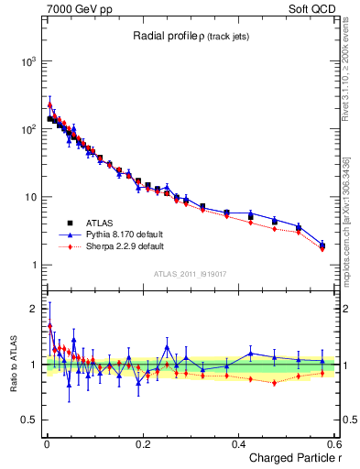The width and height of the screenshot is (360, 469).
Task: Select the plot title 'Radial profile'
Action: pyautogui.click(x=165, y=36)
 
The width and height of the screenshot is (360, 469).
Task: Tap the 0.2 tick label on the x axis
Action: pyautogui.click(x=142, y=443)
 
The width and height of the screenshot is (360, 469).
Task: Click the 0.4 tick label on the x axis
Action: pyautogui.click(x=239, y=443)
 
